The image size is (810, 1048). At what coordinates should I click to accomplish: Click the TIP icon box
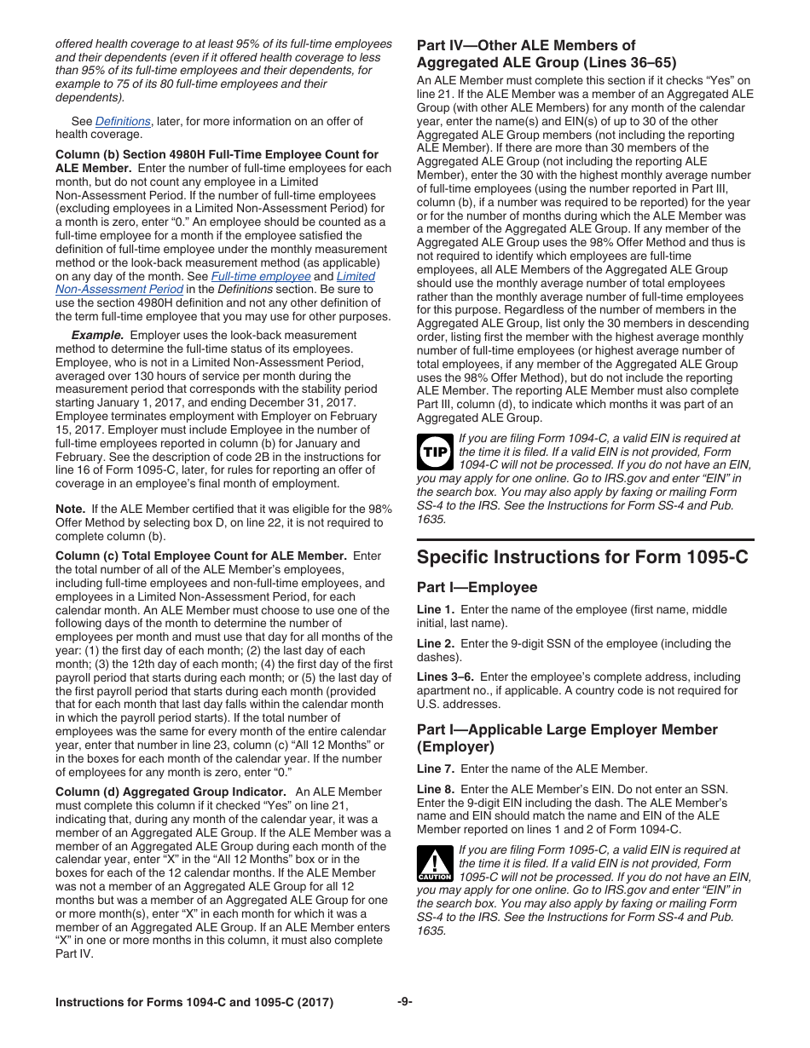tap(434, 452)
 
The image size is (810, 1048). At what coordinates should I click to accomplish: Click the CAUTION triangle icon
tap(434, 863)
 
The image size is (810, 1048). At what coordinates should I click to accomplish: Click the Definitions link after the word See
tap(123, 121)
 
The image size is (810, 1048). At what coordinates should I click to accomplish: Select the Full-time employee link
tap(261, 276)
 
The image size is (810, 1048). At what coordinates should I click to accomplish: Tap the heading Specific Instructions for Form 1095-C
tap(582, 556)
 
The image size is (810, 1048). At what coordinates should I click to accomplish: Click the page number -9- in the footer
tap(405, 1002)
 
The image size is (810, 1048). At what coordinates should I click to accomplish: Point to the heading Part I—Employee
tap(477, 587)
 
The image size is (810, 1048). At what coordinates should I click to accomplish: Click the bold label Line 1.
tap(435, 609)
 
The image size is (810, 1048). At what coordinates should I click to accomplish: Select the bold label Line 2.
tap(435, 643)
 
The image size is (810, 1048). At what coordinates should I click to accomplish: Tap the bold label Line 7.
tap(435, 769)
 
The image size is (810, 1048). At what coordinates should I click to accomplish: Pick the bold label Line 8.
tap(435, 789)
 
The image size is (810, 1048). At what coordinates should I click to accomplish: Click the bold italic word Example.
tap(97, 335)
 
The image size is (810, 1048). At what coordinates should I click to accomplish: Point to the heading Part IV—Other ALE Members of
tap(525, 45)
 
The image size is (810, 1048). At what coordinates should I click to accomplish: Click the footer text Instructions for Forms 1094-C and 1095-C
tap(194, 1002)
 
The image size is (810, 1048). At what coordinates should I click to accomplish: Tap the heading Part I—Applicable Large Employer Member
tap(567, 729)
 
